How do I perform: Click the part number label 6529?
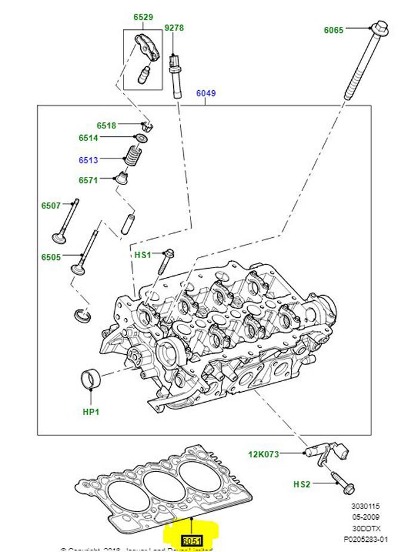143,18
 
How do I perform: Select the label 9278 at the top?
174,27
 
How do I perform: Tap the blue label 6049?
206,93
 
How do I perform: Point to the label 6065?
334,29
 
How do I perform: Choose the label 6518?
106,125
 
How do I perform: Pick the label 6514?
88,138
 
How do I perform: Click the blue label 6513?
88,160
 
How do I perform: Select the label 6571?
88,180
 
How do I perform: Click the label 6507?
51,206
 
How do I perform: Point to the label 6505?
51,257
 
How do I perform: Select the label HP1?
90,412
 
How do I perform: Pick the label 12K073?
264,455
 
